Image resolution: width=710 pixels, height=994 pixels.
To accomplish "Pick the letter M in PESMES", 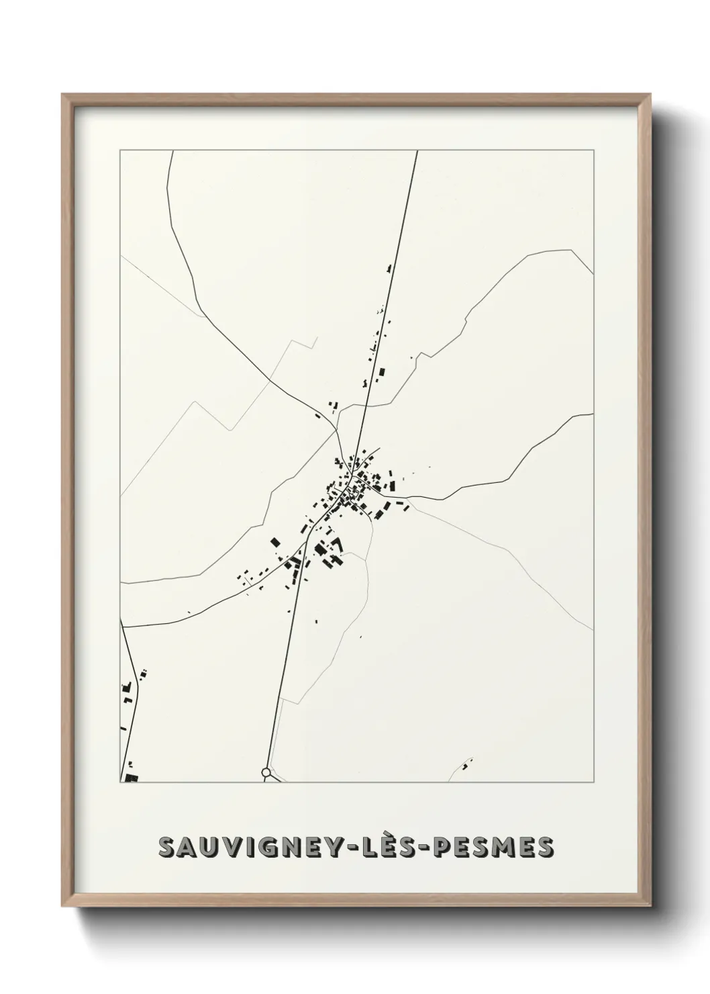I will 507,848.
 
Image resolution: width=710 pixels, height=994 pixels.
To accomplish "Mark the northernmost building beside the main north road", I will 388,269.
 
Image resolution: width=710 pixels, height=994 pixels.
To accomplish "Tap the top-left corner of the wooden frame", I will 62,95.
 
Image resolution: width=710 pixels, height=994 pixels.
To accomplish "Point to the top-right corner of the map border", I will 593,150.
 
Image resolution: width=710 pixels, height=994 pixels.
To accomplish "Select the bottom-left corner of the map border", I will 120,782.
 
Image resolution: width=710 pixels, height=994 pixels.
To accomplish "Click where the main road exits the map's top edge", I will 417,151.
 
